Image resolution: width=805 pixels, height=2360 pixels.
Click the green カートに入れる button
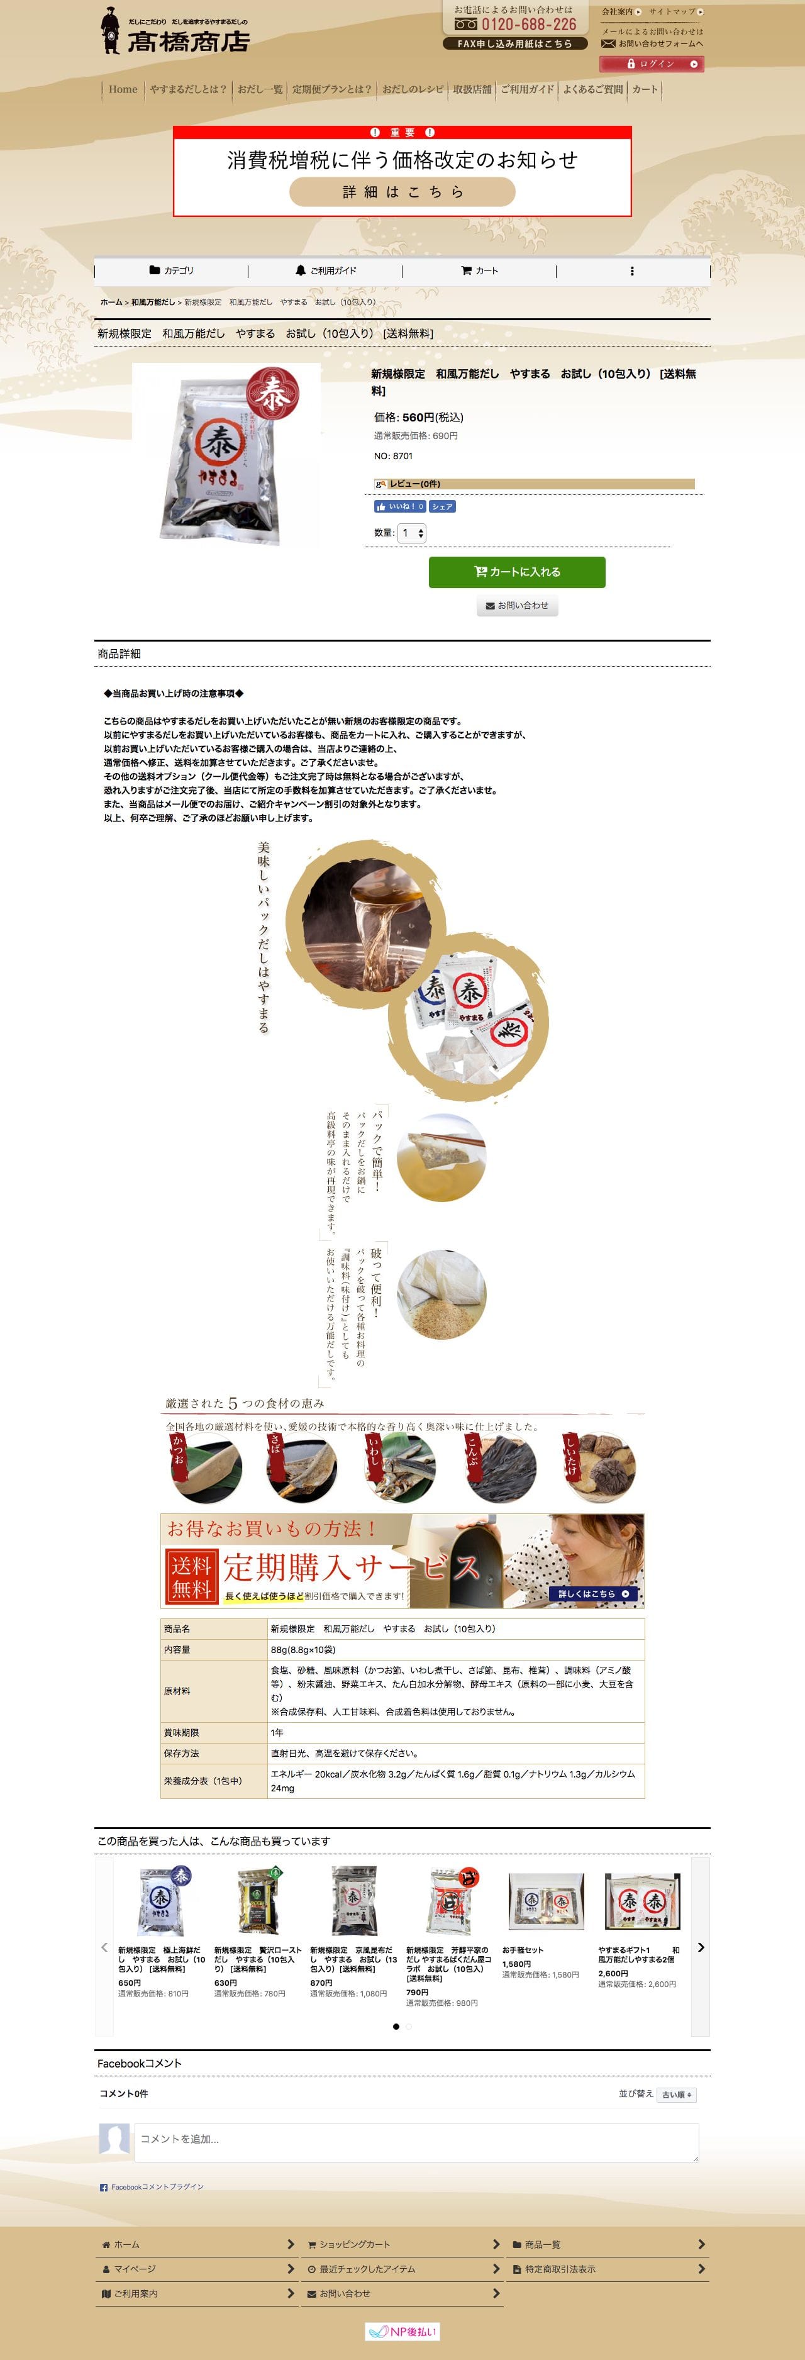tap(516, 572)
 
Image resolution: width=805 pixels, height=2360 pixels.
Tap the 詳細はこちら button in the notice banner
tap(402, 191)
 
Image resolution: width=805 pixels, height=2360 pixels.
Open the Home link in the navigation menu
tap(123, 89)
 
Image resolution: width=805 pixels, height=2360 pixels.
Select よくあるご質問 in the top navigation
tap(592, 89)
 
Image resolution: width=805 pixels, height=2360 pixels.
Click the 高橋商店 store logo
tap(175, 31)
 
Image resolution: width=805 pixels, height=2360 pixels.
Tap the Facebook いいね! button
tap(399, 506)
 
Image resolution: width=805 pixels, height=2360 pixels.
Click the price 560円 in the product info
tap(418, 418)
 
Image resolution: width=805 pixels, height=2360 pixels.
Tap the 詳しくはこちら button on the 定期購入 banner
tap(594, 1594)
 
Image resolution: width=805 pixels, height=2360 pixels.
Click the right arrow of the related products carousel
tap(701, 1947)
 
